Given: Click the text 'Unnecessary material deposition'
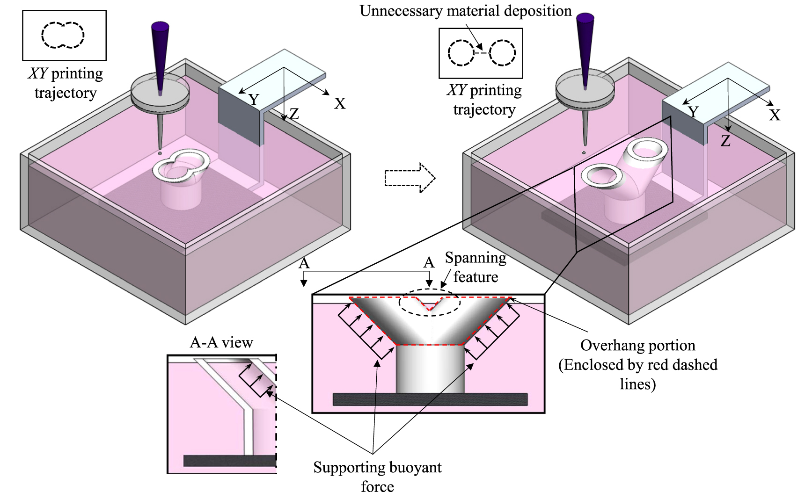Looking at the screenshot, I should pos(465,11).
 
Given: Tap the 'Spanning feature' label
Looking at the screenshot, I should pos(475,267).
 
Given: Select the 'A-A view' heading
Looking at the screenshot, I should pos(221,342).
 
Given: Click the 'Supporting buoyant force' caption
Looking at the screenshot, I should pos(377,476).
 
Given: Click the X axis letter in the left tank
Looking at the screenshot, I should pos(340,103).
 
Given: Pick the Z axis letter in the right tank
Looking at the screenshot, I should pos(725,141).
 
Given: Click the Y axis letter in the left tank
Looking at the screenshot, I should pos(254,99).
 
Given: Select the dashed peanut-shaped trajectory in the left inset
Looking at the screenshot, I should pos(63,35).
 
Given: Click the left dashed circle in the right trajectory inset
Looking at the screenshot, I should pos(461,52).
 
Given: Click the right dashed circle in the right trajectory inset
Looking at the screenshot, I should pos(503,52).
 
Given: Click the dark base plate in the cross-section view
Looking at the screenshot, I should pos(430,399).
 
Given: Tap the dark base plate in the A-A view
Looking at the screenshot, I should pos(229,460).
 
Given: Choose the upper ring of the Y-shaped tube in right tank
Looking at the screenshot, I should pos(650,149).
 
